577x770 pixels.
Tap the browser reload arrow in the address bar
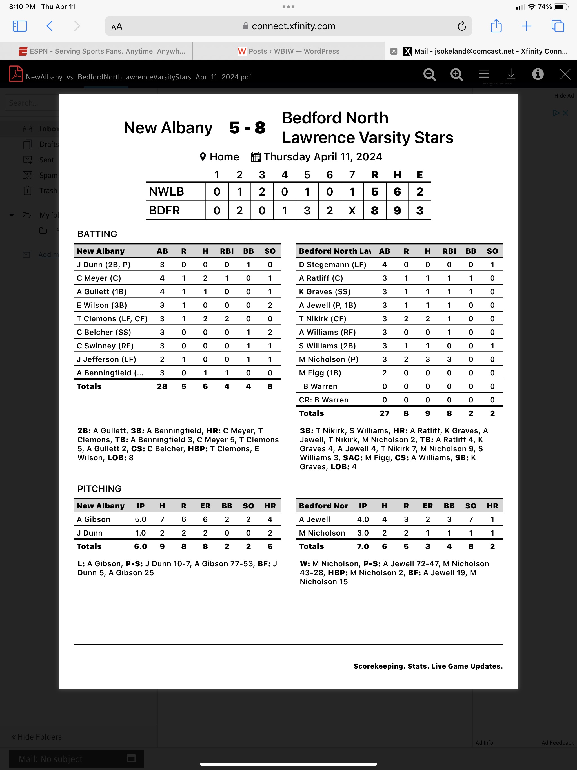(461, 26)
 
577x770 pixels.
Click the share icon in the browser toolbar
(496, 26)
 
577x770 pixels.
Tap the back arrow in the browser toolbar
(49, 26)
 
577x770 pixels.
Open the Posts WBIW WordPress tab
(288, 51)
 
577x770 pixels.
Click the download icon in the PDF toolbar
(511, 74)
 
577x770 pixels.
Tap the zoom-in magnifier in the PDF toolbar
(456, 74)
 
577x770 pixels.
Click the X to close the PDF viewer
(565, 74)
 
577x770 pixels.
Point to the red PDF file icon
(16, 74)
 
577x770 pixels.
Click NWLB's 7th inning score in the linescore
(352, 192)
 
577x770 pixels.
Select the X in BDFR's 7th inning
(352, 211)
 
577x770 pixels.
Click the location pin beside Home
(203, 157)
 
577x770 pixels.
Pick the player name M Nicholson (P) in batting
(329, 359)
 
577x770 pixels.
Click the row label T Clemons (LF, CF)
(112, 319)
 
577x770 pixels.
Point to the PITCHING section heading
(99, 489)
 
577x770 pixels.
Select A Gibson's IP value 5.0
(141, 519)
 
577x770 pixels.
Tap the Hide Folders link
(37, 737)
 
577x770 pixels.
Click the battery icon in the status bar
(560, 6)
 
